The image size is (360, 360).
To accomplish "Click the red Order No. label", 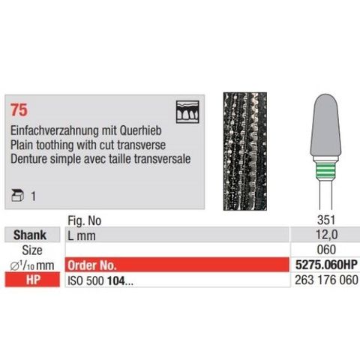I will pos(94,265).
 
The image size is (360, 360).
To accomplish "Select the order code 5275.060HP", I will pos(322,265).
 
